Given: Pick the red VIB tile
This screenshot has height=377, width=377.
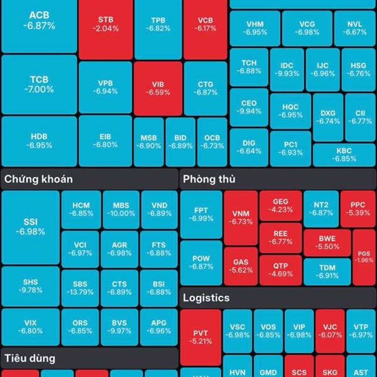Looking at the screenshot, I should click(x=158, y=87).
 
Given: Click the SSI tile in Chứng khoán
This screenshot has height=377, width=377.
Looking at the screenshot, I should click(x=30, y=227).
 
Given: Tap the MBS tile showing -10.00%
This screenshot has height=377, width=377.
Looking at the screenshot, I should click(x=121, y=210).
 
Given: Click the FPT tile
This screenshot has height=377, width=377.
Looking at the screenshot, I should click(x=201, y=214).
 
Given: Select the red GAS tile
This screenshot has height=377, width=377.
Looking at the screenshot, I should click(x=241, y=266).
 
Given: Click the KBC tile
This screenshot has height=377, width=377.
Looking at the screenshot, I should click(x=344, y=155).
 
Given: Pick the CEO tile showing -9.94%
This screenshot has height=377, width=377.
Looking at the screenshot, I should click(x=249, y=107).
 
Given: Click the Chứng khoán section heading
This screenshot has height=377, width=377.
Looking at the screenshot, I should click(x=38, y=179).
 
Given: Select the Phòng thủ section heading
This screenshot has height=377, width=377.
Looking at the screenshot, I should click(x=209, y=179).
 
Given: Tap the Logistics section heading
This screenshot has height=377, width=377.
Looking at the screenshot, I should click(x=206, y=298).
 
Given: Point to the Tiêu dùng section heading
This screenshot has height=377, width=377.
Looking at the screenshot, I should click(x=30, y=359).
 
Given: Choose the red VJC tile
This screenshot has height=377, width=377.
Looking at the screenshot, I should click(x=331, y=331).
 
